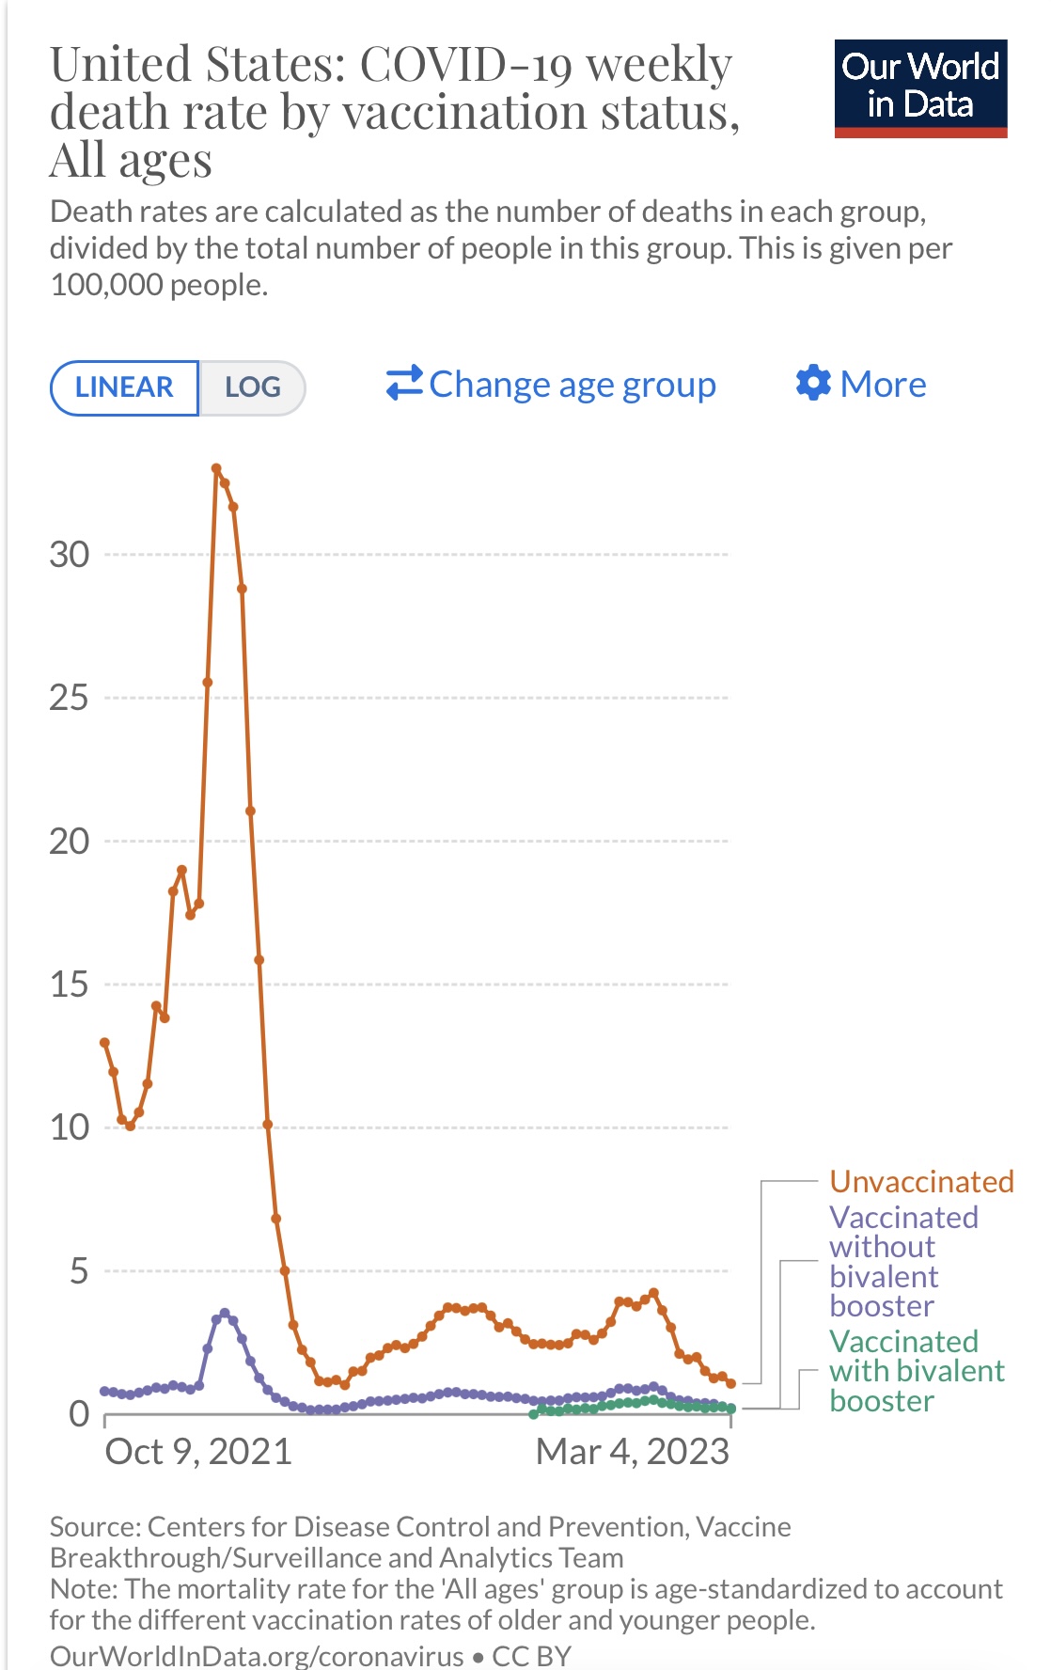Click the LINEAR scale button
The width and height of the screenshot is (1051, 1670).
124,387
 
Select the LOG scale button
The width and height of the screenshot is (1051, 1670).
253,387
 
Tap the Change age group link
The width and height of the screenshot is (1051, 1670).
552,385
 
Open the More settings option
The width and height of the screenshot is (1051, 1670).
861,384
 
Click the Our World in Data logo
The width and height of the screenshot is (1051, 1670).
920,88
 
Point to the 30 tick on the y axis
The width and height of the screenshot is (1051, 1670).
70,555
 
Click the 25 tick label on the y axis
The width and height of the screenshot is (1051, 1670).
70,698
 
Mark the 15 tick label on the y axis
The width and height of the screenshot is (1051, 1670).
70,985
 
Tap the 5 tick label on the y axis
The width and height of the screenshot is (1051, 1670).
79,1271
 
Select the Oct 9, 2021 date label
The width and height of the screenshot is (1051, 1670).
198,1452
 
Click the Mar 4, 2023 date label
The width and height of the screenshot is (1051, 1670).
632,1452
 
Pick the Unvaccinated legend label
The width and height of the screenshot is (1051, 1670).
921,1181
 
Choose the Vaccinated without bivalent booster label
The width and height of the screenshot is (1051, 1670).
902,1261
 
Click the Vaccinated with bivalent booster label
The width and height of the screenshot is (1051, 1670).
917,1371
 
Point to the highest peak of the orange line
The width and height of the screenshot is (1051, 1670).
216,468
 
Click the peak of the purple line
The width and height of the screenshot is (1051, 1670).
224,1313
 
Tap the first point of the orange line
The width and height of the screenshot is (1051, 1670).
104,1043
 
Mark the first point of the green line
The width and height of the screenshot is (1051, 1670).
533,1413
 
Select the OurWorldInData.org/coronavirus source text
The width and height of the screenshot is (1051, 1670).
257,1655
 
